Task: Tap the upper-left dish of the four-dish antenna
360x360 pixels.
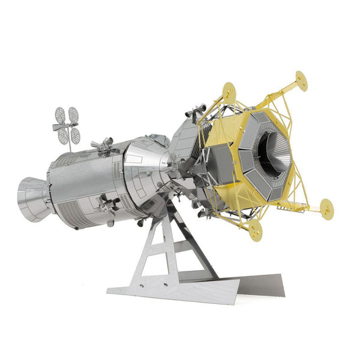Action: (x=60, y=113)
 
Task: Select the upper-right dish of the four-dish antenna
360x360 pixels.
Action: (x=72, y=113)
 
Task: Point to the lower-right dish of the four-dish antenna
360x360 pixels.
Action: (x=75, y=135)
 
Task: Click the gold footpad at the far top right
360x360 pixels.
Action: (x=301, y=82)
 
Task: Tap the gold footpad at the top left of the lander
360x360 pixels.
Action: (x=229, y=88)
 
